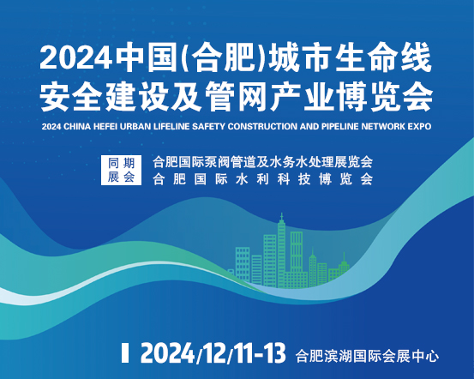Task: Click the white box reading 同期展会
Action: (x=121, y=170)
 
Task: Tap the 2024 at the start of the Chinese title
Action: (x=75, y=58)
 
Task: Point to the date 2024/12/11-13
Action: (x=213, y=353)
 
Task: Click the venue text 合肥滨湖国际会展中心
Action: (x=368, y=356)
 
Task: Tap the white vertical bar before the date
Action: (x=125, y=352)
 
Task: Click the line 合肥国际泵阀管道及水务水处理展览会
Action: (x=262, y=162)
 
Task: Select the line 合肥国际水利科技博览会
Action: (x=262, y=179)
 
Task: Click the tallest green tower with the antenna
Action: (x=281, y=250)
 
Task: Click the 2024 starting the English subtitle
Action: (x=51, y=126)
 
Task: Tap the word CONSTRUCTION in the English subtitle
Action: (x=262, y=126)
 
